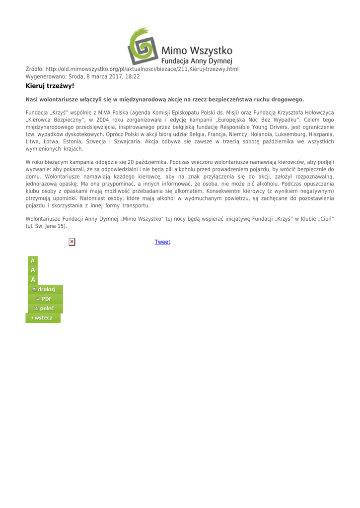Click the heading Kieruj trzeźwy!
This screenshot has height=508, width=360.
50,86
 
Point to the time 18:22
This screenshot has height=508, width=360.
132,76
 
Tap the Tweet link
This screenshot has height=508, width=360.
162,242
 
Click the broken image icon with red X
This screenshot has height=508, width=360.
72,242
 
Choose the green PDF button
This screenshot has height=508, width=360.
44,299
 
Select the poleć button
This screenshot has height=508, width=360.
44,308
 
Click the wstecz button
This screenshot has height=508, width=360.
43,317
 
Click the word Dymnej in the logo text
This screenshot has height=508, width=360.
219,61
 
